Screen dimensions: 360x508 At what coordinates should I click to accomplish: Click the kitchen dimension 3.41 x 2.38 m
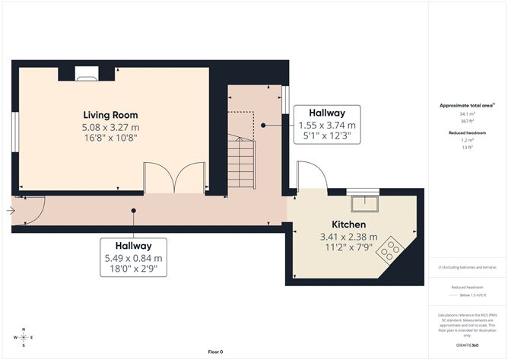[x=349, y=237]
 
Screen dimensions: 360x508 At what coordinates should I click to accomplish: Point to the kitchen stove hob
[x=391, y=248]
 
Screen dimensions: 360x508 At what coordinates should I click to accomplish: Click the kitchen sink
[x=363, y=203]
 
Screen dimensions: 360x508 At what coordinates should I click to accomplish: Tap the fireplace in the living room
[x=86, y=73]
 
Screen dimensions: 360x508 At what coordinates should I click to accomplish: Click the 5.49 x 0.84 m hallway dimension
[x=133, y=258]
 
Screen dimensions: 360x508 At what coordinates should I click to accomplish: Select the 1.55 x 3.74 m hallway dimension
[x=327, y=125]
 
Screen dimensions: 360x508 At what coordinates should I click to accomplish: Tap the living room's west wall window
[x=14, y=132]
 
